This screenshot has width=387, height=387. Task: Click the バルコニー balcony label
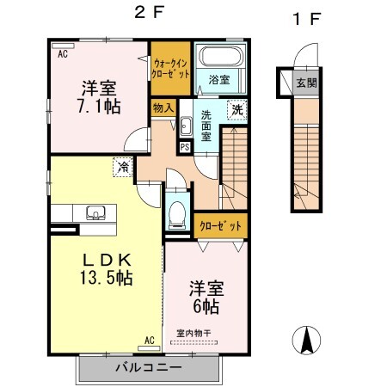149,367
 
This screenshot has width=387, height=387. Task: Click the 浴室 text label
219,80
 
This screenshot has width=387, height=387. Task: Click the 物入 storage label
163,107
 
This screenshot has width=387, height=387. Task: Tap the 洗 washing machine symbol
236,110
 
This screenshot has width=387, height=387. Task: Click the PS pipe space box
184,146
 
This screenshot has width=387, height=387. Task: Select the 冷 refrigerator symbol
123,168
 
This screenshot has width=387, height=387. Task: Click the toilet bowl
176,215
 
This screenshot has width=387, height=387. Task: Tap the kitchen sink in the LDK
94,212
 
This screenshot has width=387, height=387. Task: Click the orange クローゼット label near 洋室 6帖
222,225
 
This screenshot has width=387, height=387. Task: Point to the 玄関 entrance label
306,83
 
